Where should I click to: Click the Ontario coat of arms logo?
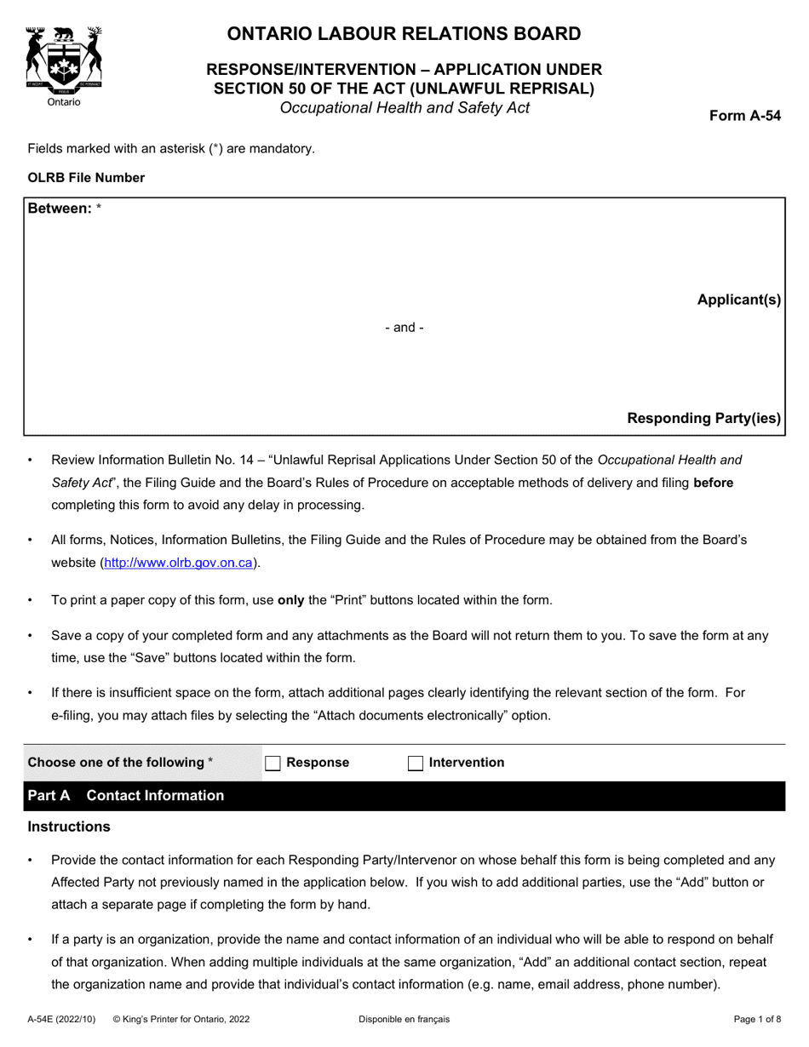tap(64, 58)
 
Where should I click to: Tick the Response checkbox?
tap(273, 764)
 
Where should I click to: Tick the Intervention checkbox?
tap(416, 764)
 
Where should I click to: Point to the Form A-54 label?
tap(745, 117)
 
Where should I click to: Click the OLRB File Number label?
tap(86, 178)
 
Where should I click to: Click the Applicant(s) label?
tap(738, 300)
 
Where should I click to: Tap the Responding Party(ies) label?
tap(703, 418)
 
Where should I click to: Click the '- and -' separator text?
tap(404, 328)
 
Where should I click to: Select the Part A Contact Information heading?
tap(126, 796)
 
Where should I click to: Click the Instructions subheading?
tap(69, 827)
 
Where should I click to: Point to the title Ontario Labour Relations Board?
tap(404, 34)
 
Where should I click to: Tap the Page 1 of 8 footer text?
tap(757, 1019)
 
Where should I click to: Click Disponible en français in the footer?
tap(404, 1019)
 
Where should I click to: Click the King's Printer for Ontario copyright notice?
tap(181, 1019)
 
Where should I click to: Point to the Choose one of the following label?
tap(120, 763)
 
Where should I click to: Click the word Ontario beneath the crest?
tap(64, 102)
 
